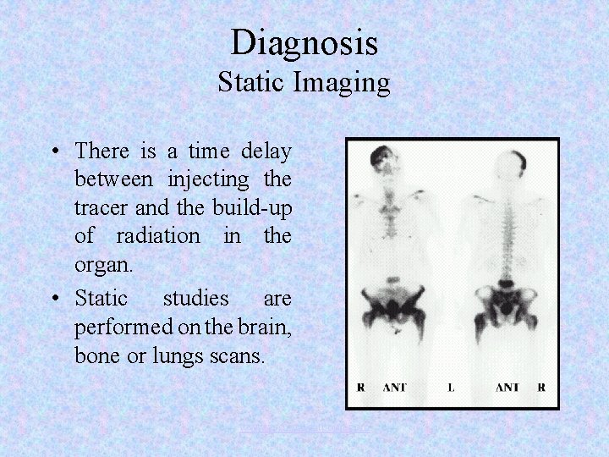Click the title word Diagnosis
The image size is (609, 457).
(x=304, y=41)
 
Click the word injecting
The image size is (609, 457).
(x=209, y=180)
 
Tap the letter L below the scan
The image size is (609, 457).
(x=451, y=388)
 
